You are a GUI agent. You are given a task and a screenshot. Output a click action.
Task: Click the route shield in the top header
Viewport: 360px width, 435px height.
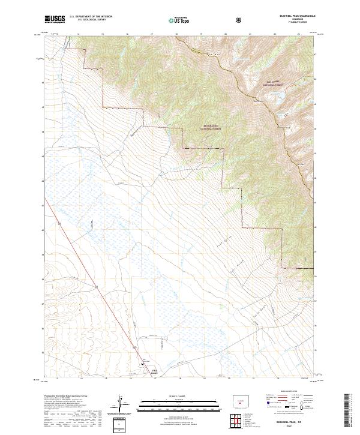coord(239,19)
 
